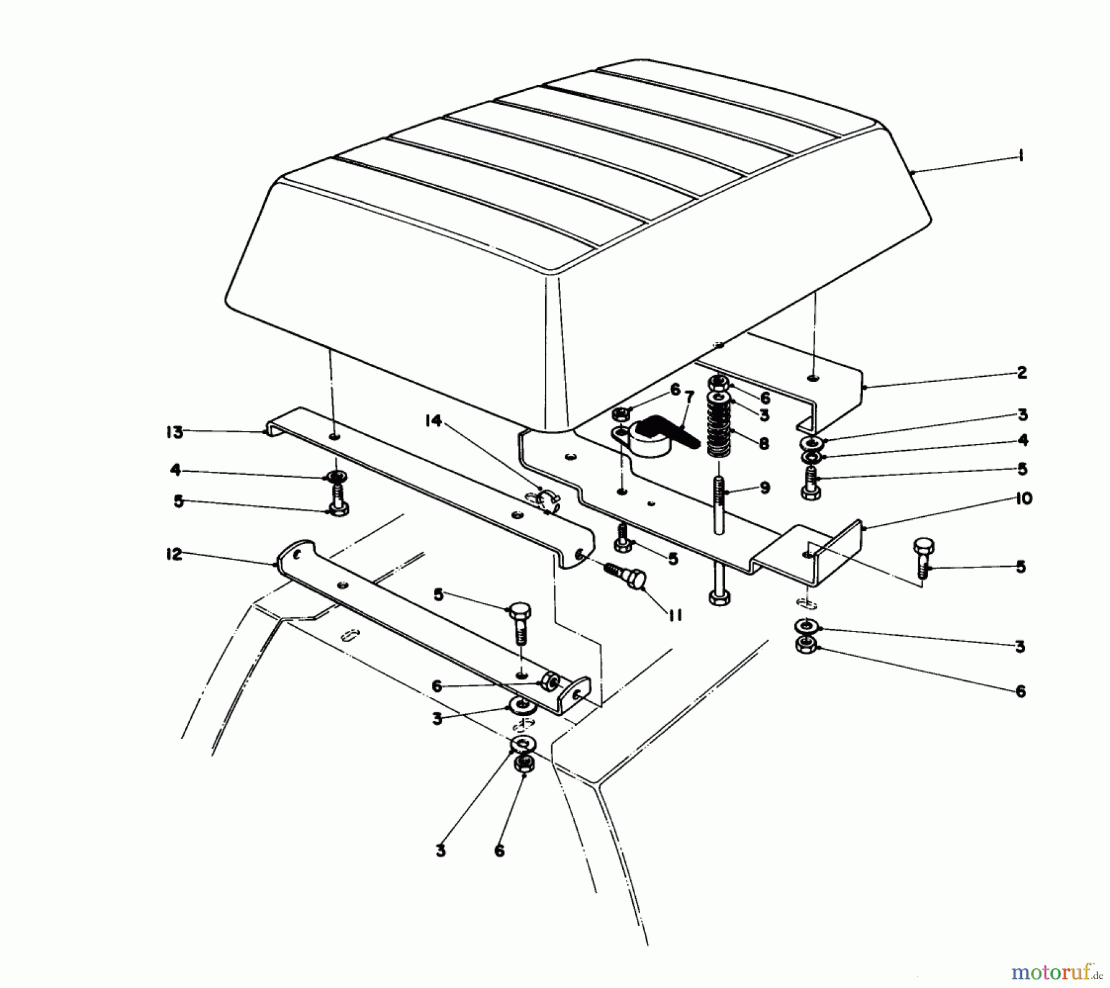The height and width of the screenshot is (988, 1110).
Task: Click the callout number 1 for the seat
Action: (1021, 157)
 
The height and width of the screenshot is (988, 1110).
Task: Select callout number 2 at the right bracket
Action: (1022, 373)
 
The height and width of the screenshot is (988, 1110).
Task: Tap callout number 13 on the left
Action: (175, 432)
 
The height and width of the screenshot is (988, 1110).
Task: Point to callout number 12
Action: (175, 554)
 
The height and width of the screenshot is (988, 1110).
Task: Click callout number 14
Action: (434, 421)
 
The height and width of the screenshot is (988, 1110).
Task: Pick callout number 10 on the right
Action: (1023, 498)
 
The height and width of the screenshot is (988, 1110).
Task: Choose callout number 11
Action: (674, 615)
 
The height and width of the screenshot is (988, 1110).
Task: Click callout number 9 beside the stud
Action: (765, 488)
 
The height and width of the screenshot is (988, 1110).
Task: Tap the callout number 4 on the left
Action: (175, 471)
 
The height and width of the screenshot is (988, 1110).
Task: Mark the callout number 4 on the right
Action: (1022, 440)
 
